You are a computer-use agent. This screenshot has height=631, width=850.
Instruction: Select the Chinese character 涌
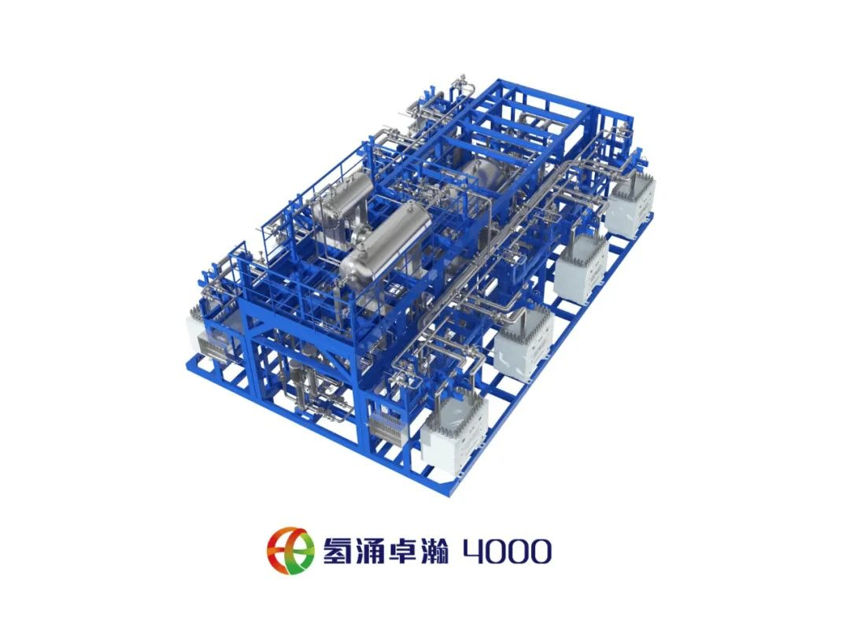[x=370, y=550]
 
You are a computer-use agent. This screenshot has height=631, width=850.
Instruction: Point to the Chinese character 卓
[x=401, y=550]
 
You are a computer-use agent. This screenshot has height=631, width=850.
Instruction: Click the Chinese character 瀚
[x=433, y=550]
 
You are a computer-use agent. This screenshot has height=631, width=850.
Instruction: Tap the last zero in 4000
[x=539, y=552]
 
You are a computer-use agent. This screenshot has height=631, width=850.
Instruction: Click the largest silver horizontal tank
[x=386, y=242]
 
